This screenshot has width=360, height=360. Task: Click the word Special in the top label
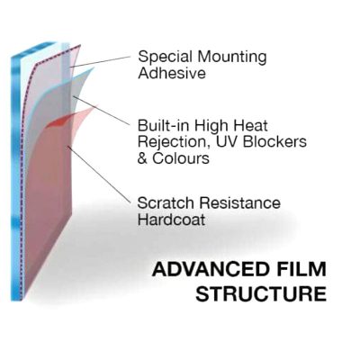[x=165, y=57]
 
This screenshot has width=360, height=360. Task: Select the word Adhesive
[x=172, y=73]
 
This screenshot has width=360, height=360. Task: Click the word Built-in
[x=163, y=125]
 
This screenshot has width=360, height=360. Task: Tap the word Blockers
[x=274, y=141]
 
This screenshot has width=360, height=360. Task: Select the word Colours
[x=181, y=158]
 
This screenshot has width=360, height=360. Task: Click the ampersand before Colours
[x=142, y=158]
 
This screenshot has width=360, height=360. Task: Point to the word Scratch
[x=166, y=203]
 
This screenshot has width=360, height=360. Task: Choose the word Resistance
[x=240, y=203]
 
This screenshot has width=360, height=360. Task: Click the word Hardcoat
[x=171, y=220]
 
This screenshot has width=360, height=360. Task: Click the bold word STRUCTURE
[x=261, y=293]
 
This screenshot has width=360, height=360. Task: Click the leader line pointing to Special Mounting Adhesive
[x=101, y=61]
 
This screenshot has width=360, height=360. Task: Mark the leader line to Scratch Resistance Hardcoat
[x=99, y=174]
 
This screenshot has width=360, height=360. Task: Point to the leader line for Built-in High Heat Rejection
[x=101, y=110]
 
